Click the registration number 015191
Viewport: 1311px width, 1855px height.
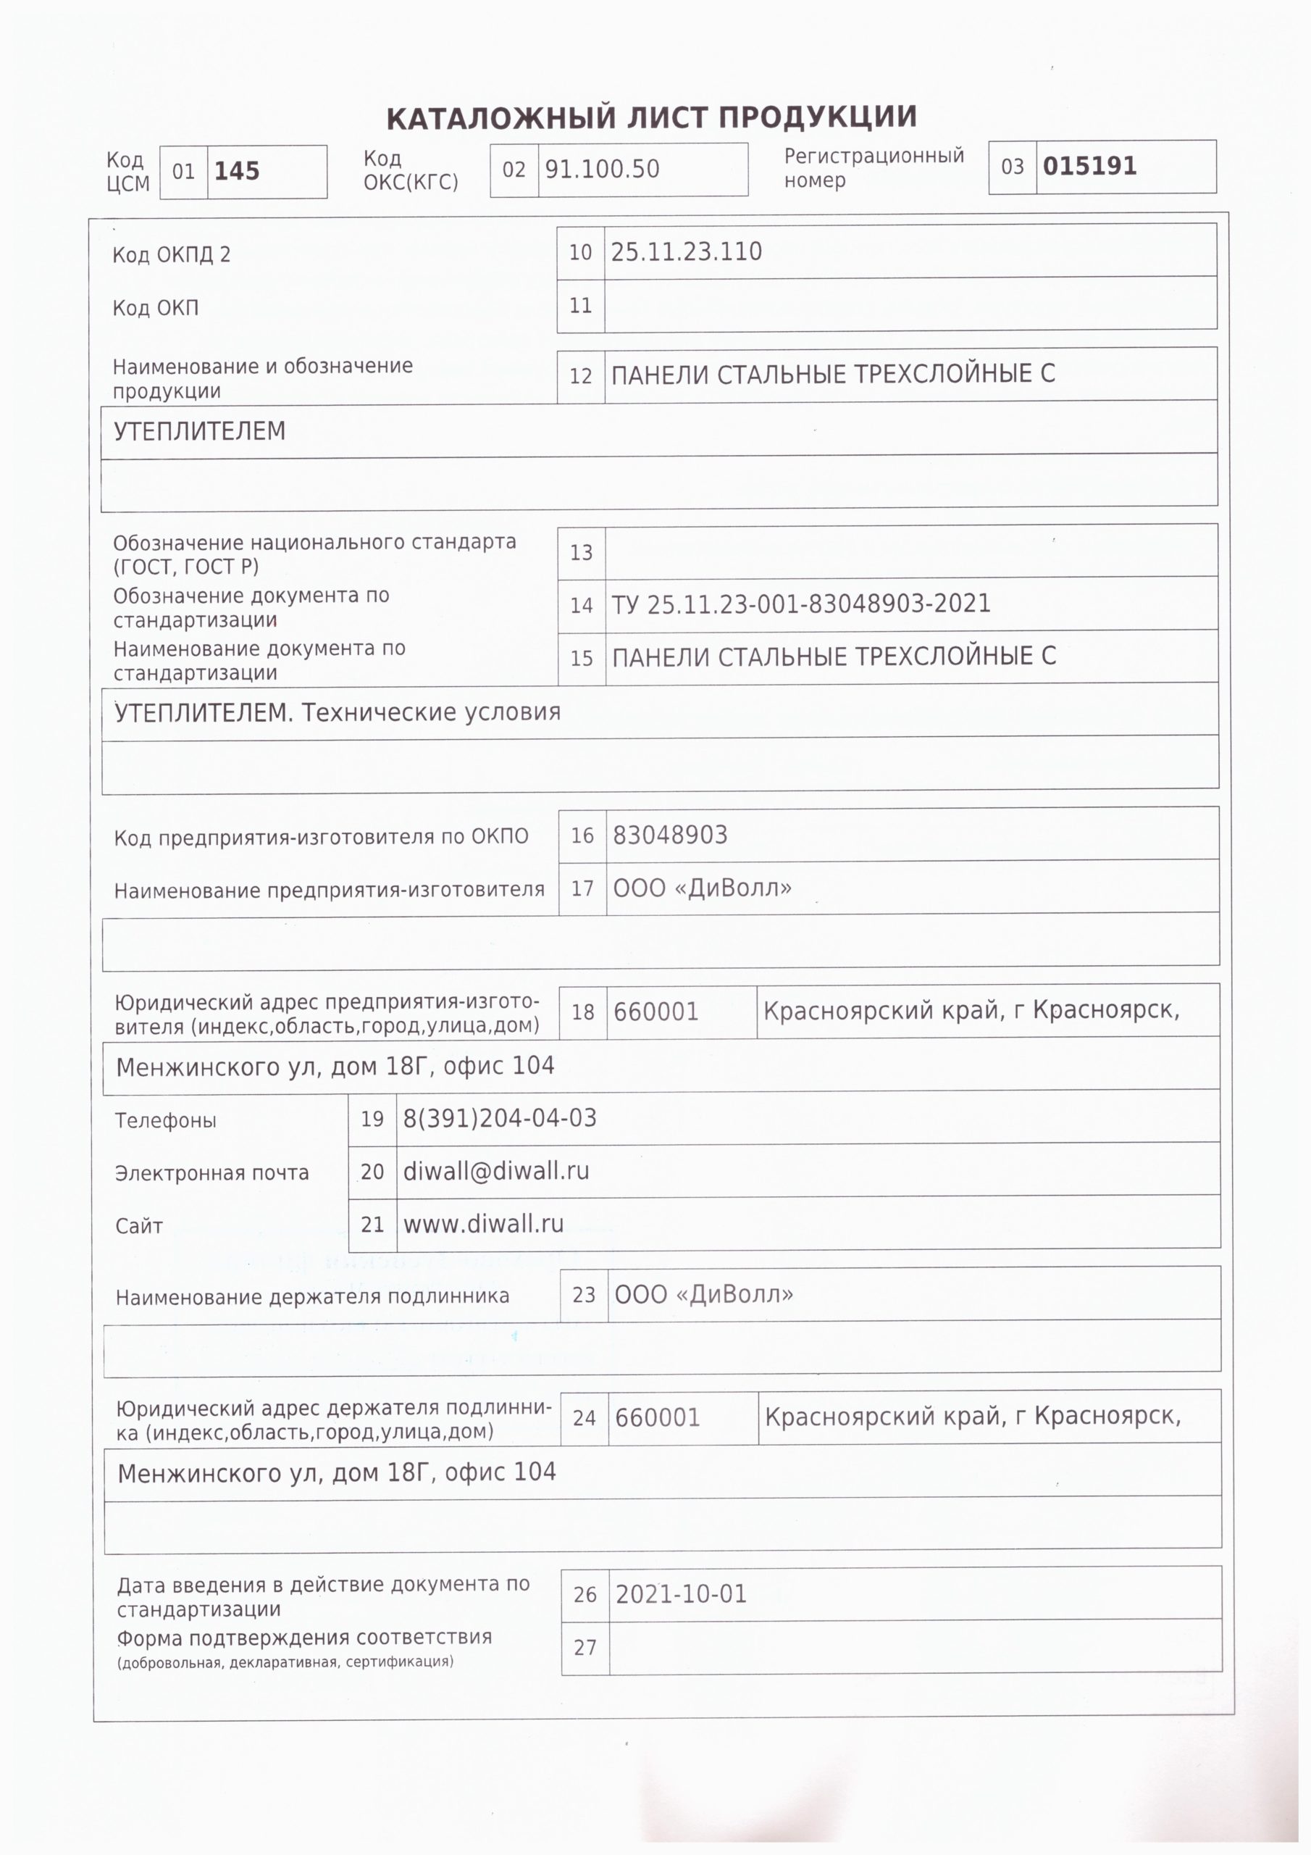(x=1089, y=167)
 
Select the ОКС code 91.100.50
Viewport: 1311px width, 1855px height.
(x=602, y=169)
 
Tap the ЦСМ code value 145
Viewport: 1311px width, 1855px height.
(x=237, y=171)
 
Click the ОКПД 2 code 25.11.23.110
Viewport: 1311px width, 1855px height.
(x=686, y=252)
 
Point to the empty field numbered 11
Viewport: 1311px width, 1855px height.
(x=910, y=305)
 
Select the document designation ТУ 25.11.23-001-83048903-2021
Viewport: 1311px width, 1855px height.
(x=800, y=604)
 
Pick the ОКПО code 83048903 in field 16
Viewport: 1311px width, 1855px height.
(x=670, y=835)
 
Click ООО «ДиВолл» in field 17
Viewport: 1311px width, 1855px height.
(x=702, y=888)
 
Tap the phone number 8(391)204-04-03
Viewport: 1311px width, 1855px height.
(x=499, y=1118)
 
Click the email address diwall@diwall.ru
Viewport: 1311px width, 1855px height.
(x=495, y=1171)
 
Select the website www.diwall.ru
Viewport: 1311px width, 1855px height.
(x=483, y=1224)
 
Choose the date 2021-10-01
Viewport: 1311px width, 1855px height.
(x=681, y=1594)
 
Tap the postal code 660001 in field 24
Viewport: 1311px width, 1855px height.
(x=657, y=1417)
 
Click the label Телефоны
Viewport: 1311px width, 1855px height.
(x=166, y=1120)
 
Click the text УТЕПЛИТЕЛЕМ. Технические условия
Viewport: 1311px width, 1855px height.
(x=337, y=712)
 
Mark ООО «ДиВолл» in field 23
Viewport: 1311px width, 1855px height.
(x=703, y=1294)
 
